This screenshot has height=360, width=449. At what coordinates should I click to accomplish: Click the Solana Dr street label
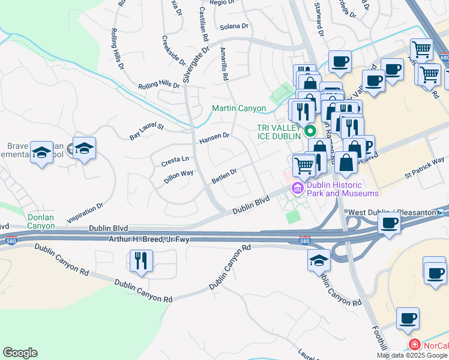click(x=234, y=26)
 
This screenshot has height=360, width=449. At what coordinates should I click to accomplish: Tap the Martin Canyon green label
click(x=238, y=109)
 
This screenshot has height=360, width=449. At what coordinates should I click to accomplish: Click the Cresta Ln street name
click(x=175, y=160)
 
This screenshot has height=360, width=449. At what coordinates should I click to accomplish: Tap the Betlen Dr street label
click(x=224, y=175)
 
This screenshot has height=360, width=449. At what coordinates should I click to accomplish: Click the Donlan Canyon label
click(x=41, y=221)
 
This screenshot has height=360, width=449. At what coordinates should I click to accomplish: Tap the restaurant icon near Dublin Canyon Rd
click(x=141, y=261)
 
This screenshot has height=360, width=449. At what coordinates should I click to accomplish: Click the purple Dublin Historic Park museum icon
click(x=297, y=189)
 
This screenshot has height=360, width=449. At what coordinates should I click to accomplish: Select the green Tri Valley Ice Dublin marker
click(x=310, y=130)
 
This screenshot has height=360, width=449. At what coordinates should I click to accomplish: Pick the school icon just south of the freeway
click(x=319, y=260)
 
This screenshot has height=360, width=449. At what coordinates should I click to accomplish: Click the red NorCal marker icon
click(x=414, y=344)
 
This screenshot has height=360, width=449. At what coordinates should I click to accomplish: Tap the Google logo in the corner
click(x=20, y=353)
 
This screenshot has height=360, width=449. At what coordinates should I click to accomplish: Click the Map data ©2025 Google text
click(x=412, y=355)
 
